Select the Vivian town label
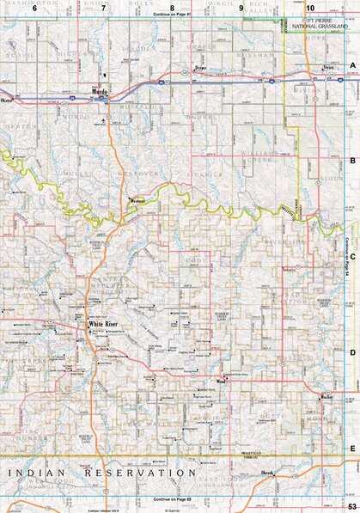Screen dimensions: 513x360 pyautogui.click(x=327, y=68)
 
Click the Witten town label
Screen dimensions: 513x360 pyautogui.click(x=326, y=398)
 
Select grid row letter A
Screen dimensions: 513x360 pyautogui.click(x=352, y=65)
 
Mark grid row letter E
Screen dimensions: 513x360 pyautogui.click(x=352, y=449)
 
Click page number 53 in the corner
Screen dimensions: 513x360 pyautogui.click(x=351, y=505)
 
